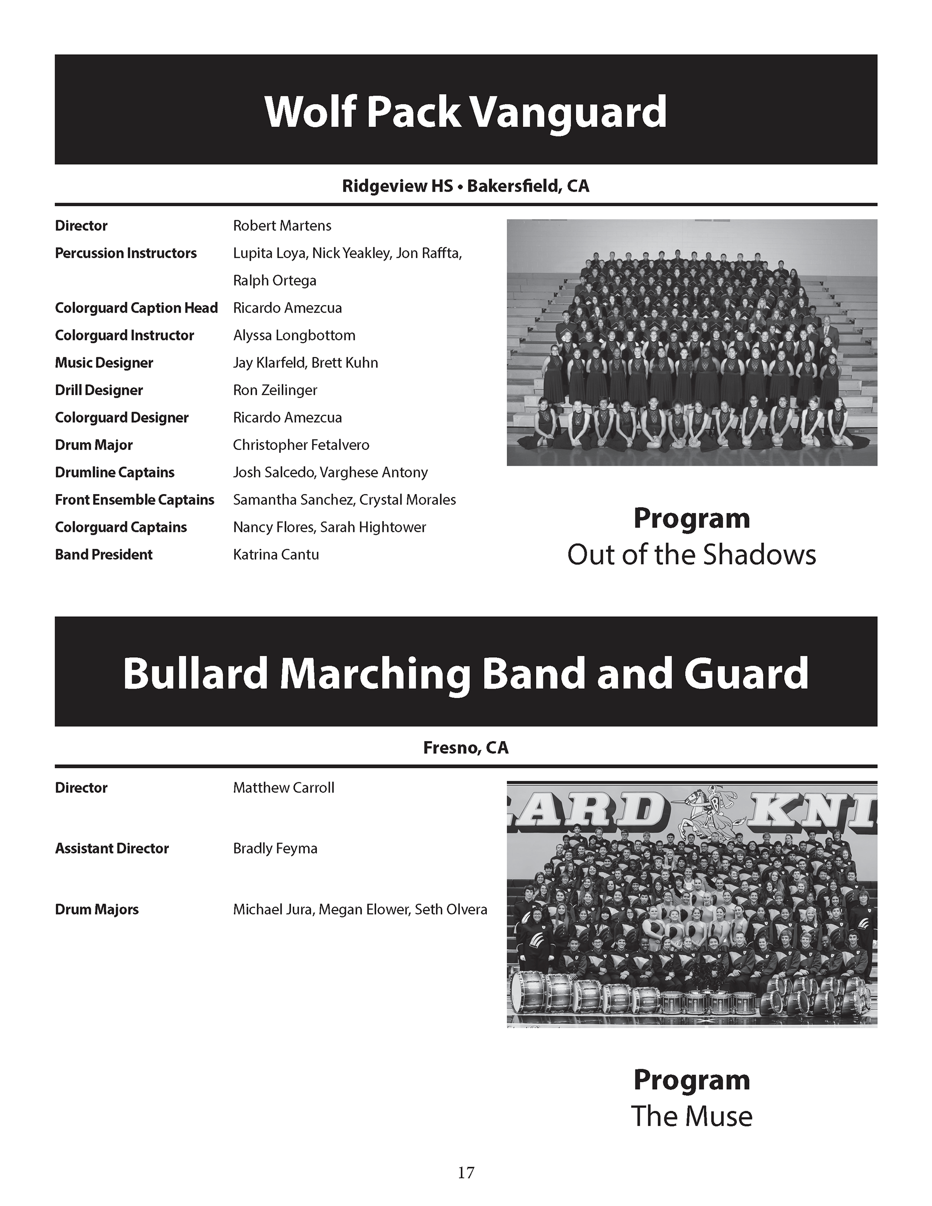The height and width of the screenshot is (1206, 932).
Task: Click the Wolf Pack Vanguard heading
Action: pos(466,112)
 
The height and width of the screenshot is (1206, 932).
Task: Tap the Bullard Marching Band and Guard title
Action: pos(466,674)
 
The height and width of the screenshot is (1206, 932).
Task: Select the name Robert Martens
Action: pos(282,226)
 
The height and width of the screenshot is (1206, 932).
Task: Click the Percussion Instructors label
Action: pos(125,253)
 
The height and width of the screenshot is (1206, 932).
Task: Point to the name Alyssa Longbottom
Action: pos(294,336)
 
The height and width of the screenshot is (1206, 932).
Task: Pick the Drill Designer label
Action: pos(99,390)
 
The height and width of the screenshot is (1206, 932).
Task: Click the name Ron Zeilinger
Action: pos(275,390)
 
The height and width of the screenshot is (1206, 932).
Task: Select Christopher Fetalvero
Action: pos(301,445)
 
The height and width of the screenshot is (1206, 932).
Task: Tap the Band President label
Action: pos(103,555)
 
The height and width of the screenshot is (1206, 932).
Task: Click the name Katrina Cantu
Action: pos(276,555)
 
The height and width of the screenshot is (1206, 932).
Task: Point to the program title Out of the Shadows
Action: pos(691,555)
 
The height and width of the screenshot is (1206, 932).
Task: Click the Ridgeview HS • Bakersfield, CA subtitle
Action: pos(466,186)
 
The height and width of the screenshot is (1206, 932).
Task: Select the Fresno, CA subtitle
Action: pos(466,748)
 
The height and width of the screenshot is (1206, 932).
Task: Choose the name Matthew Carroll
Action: pos(283,788)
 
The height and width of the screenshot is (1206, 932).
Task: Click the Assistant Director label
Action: pos(112,849)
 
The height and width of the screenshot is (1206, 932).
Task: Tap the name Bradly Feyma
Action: pos(275,849)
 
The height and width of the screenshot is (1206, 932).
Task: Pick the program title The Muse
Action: pos(691,1117)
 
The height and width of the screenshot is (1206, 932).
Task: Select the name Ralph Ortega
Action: pos(275,281)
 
